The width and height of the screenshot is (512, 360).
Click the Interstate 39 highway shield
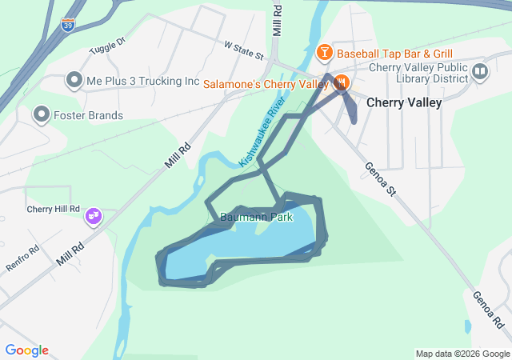coord(69,25)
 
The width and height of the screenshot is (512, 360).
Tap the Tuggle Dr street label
coord(110,42)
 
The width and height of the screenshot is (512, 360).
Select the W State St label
coord(244,51)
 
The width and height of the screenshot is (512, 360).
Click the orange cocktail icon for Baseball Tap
coord(324,54)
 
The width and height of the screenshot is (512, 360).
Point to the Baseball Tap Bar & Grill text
coord(384,54)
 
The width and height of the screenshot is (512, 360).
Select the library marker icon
coord(480,73)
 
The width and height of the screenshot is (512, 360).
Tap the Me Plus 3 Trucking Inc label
coord(142,81)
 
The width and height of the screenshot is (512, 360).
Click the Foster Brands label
coord(89,115)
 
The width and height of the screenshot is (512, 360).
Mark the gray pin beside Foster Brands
coord(40,115)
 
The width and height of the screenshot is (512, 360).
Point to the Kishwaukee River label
coord(262,136)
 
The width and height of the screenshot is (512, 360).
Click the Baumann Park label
coord(255,216)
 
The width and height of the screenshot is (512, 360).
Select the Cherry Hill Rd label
coord(54,209)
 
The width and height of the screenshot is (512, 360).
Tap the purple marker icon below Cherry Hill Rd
coord(94,216)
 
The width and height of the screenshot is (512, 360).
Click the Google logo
coord(26,350)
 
